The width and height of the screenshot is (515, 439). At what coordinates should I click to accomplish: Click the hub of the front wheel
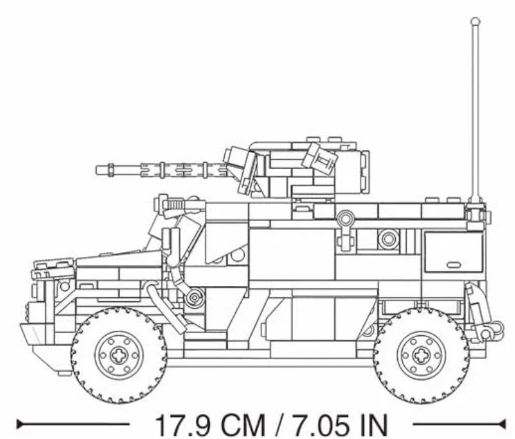[119, 354]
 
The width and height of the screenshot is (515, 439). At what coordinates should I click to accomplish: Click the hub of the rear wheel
[421, 354]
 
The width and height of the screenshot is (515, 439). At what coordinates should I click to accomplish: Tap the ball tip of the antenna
[475, 22]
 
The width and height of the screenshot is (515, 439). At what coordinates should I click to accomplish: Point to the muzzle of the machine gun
[99, 170]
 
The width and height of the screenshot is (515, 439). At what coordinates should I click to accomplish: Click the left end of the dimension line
[19, 424]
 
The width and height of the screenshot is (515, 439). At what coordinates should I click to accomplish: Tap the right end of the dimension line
[504, 424]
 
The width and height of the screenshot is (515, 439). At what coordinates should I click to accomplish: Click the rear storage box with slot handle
[454, 253]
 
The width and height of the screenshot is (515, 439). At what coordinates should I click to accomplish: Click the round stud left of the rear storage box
[388, 239]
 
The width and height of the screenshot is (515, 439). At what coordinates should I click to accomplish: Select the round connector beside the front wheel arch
[195, 297]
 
